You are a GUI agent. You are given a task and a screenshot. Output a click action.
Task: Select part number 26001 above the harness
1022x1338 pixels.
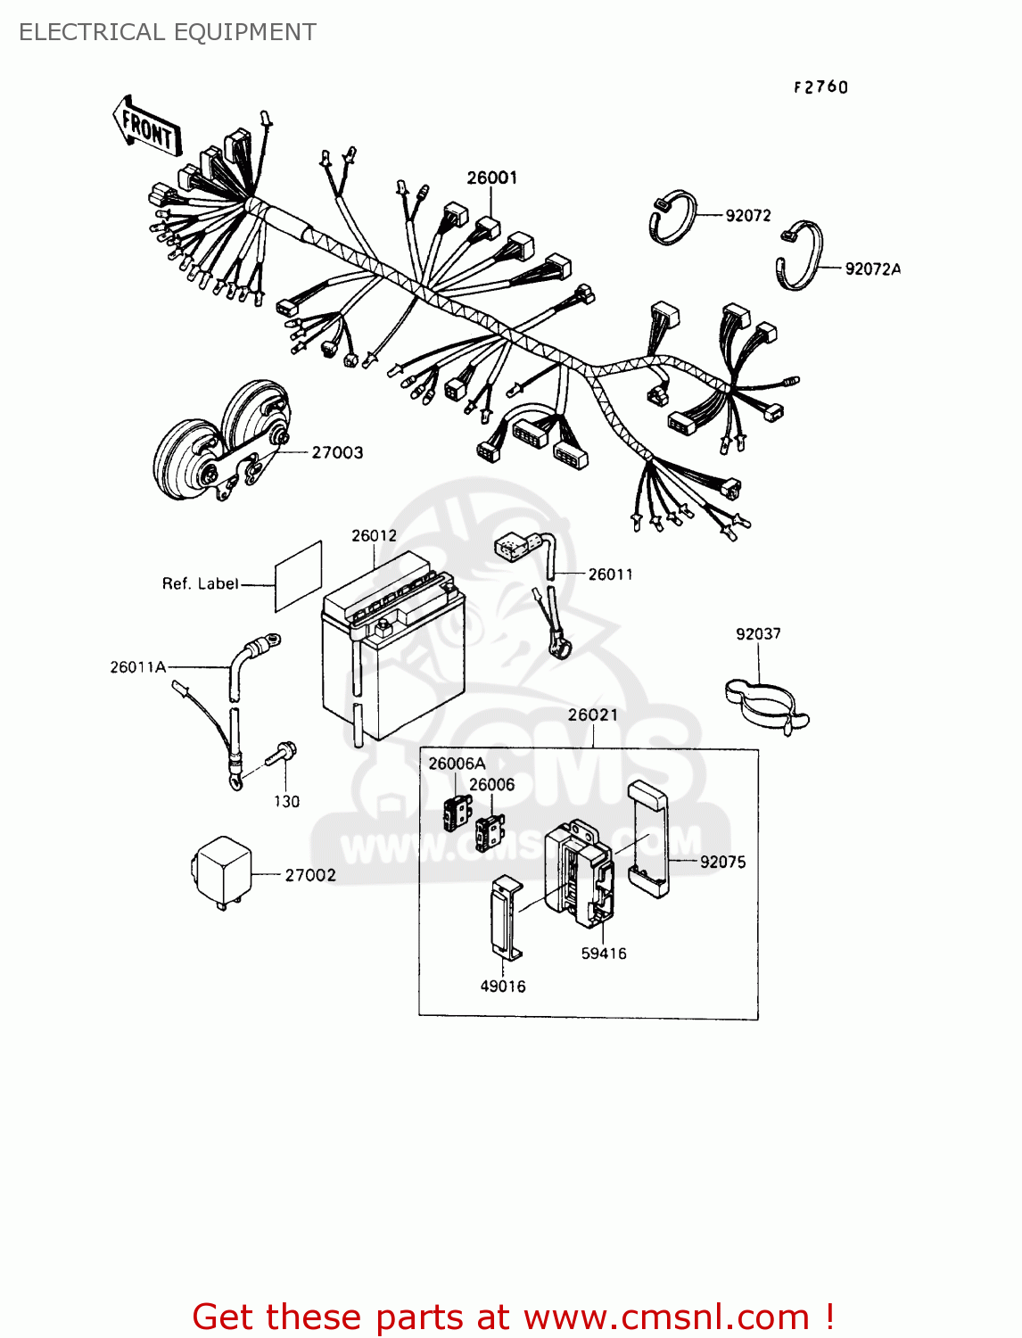(x=491, y=178)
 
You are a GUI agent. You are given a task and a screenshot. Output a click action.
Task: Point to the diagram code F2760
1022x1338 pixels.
(x=820, y=87)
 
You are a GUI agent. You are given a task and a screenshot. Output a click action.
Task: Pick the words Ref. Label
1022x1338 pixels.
(x=200, y=583)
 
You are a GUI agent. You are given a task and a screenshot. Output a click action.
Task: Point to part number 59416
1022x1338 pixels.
(x=603, y=954)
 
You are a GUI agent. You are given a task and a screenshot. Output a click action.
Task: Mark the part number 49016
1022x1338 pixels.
(x=502, y=987)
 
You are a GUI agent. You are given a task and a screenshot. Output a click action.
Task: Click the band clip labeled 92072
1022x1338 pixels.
(x=672, y=218)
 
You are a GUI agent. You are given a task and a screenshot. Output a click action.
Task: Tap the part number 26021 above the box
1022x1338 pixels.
(x=592, y=714)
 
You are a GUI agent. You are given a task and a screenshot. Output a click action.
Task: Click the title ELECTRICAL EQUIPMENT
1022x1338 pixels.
(x=168, y=32)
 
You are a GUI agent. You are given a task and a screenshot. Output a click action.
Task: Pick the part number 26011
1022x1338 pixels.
(x=610, y=574)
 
